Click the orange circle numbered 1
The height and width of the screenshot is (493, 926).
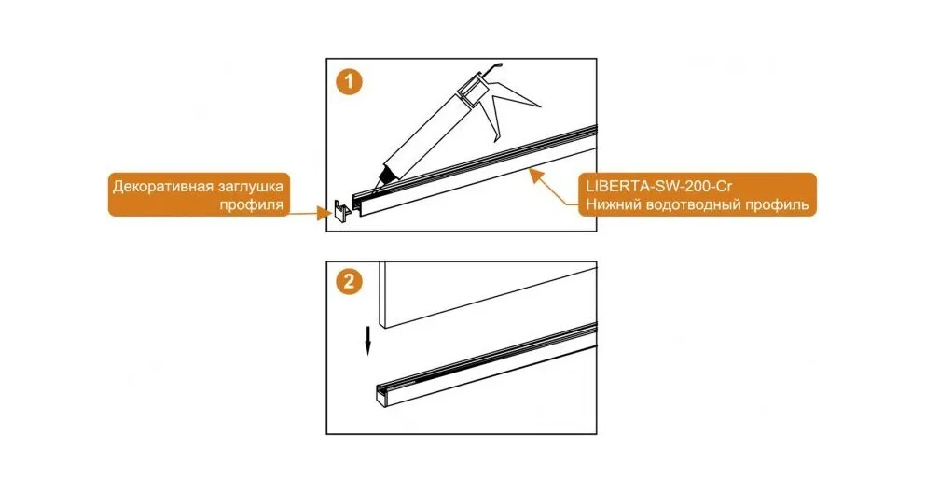[x=349, y=81]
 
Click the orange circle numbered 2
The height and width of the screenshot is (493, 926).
[x=349, y=281]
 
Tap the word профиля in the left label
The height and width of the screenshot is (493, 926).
[x=252, y=205]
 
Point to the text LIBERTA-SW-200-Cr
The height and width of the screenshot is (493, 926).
[x=659, y=186]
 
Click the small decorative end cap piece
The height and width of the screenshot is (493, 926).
[x=341, y=211]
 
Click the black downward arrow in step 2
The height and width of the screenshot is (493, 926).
[x=367, y=342]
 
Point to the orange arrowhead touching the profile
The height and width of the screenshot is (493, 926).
[x=534, y=173]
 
